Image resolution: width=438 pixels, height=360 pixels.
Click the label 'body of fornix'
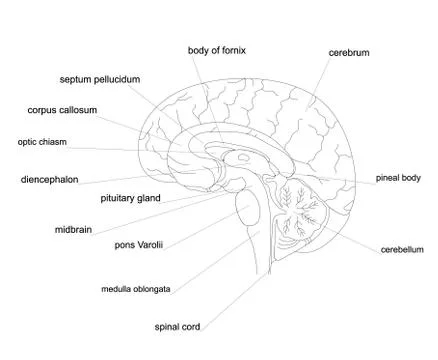(216, 49)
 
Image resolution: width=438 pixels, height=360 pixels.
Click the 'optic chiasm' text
(42, 142)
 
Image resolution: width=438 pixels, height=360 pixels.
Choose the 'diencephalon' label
(49, 181)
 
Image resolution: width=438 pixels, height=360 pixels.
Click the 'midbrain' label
(73, 229)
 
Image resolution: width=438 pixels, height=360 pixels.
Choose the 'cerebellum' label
(402, 248)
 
